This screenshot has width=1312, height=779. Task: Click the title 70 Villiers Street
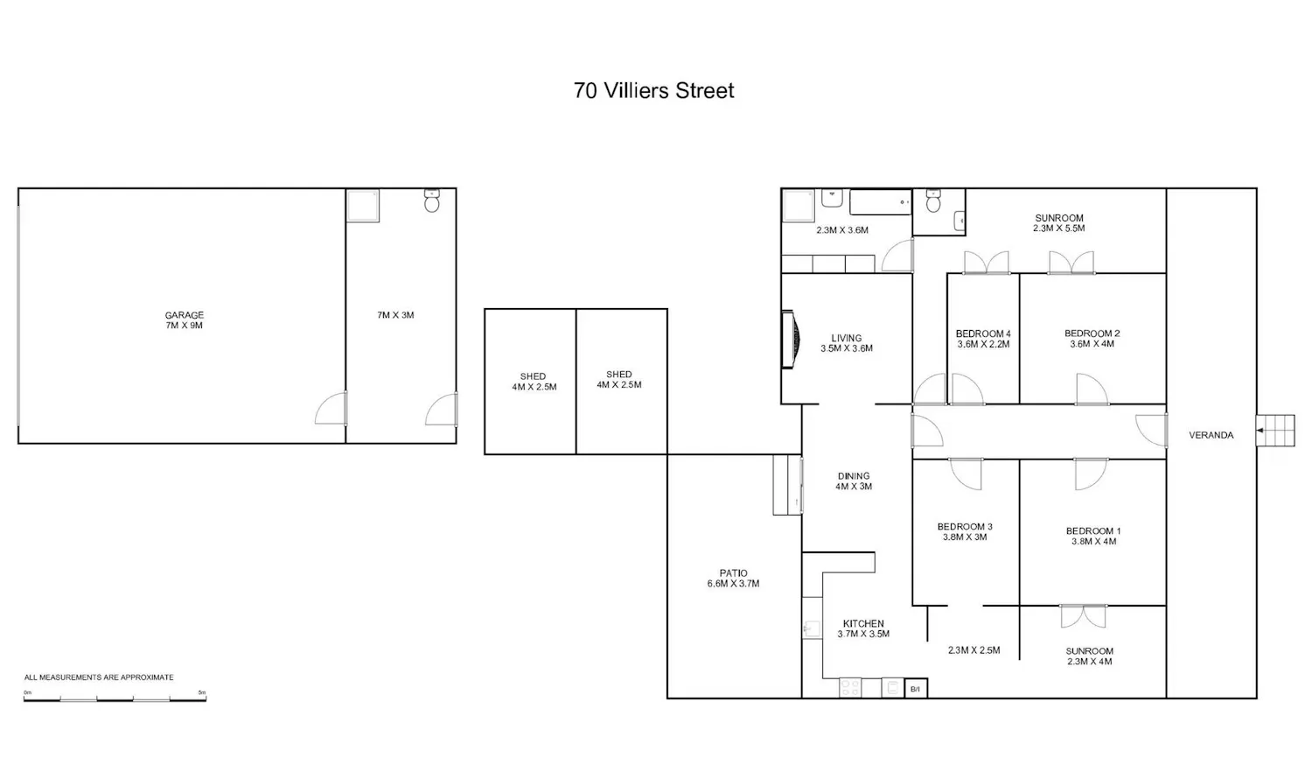point(653,91)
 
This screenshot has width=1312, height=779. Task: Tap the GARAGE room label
point(184,315)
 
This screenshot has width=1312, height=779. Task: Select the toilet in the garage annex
point(432,200)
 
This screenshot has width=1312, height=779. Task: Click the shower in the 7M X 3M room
point(363,205)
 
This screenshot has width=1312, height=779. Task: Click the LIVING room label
point(847,338)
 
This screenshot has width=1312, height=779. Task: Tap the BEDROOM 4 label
point(983,334)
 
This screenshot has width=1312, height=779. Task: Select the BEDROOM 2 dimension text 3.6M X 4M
point(1092,344)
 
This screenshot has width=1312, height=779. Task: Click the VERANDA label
point(1211,435)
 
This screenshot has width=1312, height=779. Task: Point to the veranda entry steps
point(1275,431)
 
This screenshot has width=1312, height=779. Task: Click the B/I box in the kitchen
point(916,689)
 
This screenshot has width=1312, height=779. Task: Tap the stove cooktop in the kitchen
point(850,688)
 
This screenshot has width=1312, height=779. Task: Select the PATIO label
point(733,573)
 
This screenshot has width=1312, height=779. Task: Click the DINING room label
point(854,476)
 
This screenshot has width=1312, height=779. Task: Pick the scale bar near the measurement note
point(115,698)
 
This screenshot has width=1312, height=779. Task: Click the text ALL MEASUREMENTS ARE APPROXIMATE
point(99,677)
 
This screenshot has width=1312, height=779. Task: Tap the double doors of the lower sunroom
point(1084,616)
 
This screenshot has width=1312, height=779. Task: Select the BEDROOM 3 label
point(965,526)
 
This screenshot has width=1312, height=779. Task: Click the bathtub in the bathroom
point(880,201)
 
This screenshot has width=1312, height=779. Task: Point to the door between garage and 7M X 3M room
point(331,407)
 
